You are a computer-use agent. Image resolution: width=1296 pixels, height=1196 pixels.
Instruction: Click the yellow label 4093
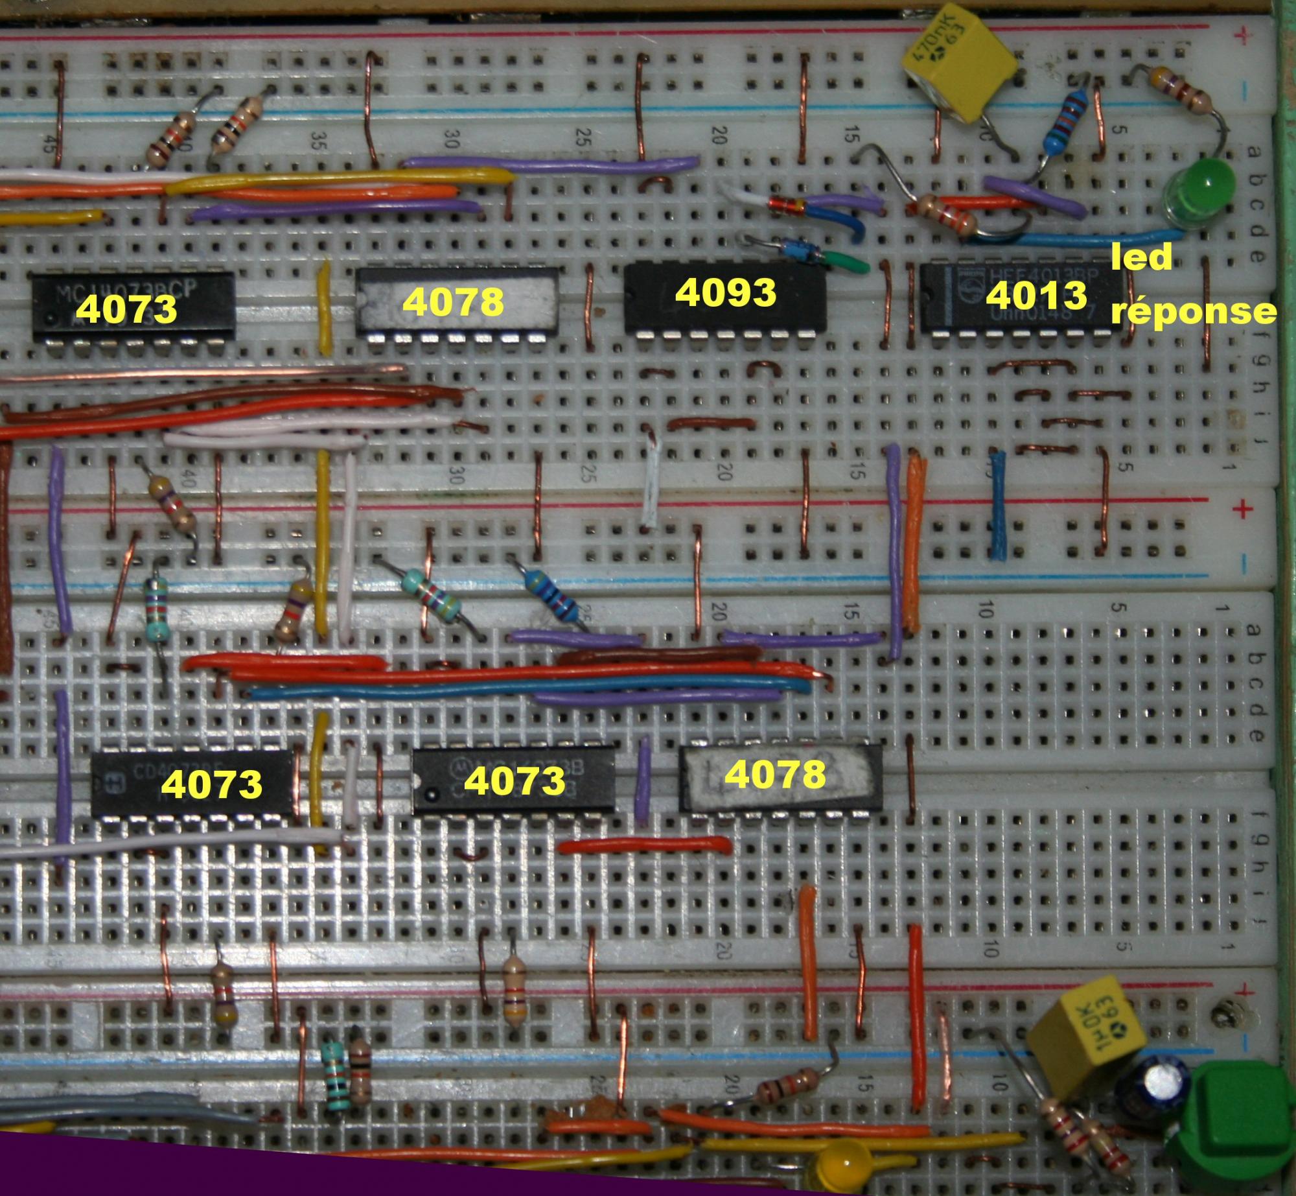(x=725, y=292)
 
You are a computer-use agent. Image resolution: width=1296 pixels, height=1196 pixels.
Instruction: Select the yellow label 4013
(x=1036, y=296)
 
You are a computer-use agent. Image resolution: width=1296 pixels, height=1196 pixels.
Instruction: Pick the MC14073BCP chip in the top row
(x=133, y=305)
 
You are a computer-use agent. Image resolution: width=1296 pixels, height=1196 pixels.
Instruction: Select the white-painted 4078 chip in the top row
(x=457, y=301)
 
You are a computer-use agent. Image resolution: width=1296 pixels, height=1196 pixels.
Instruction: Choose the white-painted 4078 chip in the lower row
(x=780, y=777)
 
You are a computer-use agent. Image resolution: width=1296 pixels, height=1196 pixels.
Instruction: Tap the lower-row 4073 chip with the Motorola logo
(x=513, y=780)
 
